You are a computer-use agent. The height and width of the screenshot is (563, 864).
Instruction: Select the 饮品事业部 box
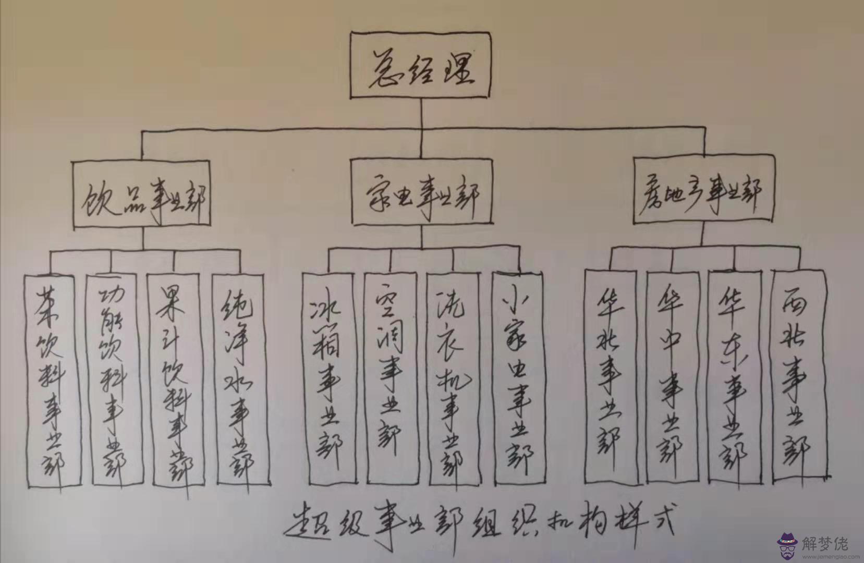pos(142,194)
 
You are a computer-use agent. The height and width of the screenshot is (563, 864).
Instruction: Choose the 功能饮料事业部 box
pos(115,381)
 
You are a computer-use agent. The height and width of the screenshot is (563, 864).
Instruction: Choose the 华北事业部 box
pos(610,375)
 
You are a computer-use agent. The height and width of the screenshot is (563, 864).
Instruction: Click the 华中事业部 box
pos(672,375)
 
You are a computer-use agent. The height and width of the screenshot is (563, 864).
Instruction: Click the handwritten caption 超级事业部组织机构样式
pos(480,521)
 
